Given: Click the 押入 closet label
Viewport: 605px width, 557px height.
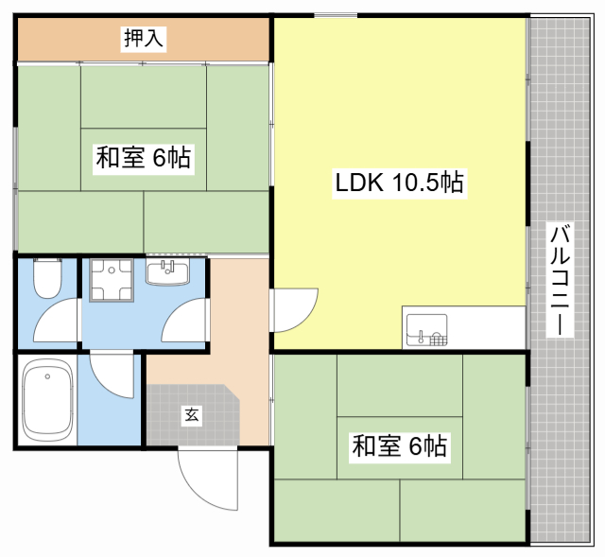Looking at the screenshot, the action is coord(144,38).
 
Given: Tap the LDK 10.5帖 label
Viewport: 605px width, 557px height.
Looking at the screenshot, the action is coord(399,183).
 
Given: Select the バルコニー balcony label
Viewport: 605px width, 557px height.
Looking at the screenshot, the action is coord(560,280).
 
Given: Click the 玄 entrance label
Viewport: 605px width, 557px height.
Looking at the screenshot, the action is coord(192,415).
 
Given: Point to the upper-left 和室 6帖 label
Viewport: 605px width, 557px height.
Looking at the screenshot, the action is coord(144,157).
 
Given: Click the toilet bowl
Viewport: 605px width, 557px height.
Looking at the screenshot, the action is coord(47,278).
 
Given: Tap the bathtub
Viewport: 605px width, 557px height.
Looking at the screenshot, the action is coord(48,400).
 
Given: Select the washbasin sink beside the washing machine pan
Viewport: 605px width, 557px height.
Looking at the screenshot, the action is coord(168,271).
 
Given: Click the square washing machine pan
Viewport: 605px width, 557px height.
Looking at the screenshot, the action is coord(112,280).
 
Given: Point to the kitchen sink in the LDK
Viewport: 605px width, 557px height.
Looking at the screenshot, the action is coord(426,329).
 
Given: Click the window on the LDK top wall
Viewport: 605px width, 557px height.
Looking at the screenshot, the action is coord(336,15).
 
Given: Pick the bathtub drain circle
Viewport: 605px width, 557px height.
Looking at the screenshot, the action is coord(47,376).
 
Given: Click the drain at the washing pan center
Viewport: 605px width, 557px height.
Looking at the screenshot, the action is coord(112,270).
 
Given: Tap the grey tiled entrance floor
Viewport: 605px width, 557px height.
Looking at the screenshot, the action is coord(193,415).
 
